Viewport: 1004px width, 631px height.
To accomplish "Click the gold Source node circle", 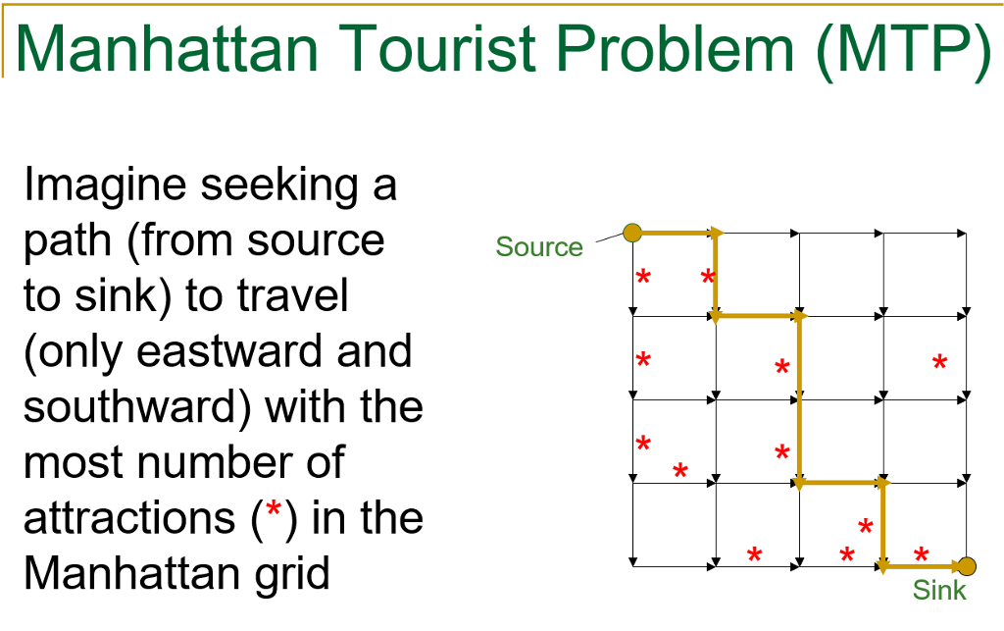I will point(632,233).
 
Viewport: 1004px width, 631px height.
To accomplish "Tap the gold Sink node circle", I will point(968,566).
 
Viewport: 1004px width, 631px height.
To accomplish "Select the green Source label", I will point(539,246).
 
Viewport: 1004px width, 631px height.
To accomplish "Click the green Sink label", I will point(939,590).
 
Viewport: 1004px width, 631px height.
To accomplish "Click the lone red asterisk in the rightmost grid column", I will point(939,363).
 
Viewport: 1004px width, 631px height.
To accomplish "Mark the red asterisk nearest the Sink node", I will point(921,556).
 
